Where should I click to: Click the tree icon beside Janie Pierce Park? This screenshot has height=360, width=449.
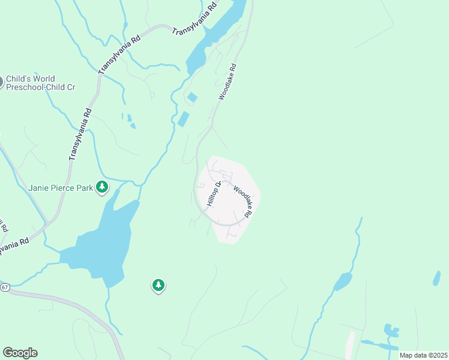103,187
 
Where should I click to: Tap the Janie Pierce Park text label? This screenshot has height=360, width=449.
61,188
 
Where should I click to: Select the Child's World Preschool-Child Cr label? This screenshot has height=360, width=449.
40,83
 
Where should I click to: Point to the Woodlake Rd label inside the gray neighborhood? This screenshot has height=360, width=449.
244,201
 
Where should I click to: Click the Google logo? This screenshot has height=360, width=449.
20,353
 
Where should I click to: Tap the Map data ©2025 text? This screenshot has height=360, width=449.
423,355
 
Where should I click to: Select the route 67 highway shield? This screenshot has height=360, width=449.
4,287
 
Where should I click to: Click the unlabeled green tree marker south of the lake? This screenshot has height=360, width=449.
158,286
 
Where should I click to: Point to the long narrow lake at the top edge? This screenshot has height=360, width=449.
216,33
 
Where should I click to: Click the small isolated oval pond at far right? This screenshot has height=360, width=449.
436,278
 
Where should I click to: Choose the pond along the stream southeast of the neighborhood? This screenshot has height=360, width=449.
343,281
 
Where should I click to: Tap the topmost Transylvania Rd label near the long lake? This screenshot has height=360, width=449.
194,20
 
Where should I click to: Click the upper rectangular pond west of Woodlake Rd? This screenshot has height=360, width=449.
192,97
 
